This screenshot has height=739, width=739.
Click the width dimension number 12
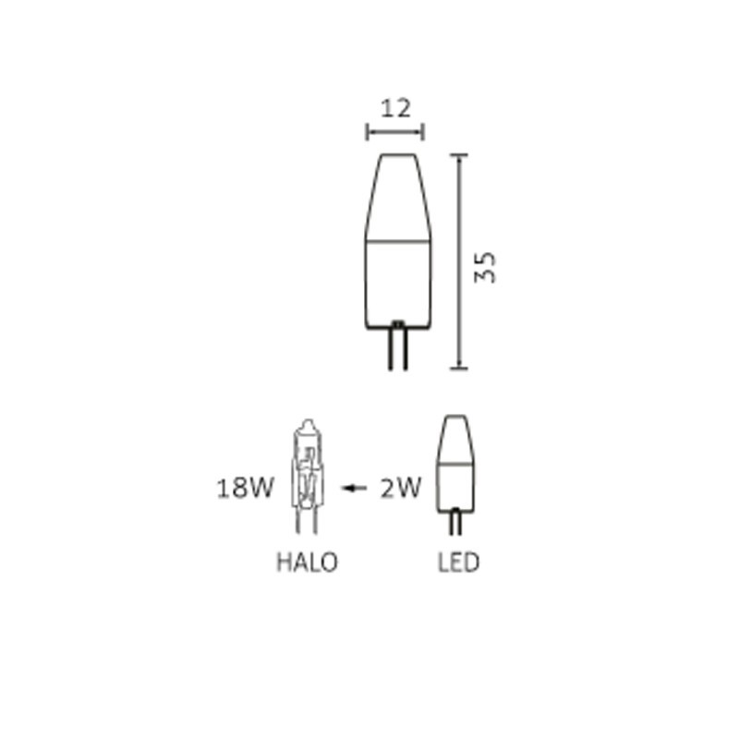[395, 108]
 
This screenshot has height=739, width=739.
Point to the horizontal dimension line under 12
[395, 133]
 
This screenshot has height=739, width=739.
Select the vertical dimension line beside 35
[460, 262]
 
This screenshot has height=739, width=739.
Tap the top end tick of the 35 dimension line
[460, 156]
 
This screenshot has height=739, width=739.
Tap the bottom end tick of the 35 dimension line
[460, 369]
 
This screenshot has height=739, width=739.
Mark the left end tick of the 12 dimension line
[368, 133]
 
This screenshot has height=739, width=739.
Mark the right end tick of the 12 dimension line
[423, 133]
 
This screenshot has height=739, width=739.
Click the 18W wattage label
[245, 488]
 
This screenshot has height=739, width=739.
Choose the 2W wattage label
[400, 488]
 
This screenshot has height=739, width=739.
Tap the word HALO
[307, 562]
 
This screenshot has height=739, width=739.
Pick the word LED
[459, 562]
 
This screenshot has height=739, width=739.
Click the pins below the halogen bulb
[308, 521]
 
